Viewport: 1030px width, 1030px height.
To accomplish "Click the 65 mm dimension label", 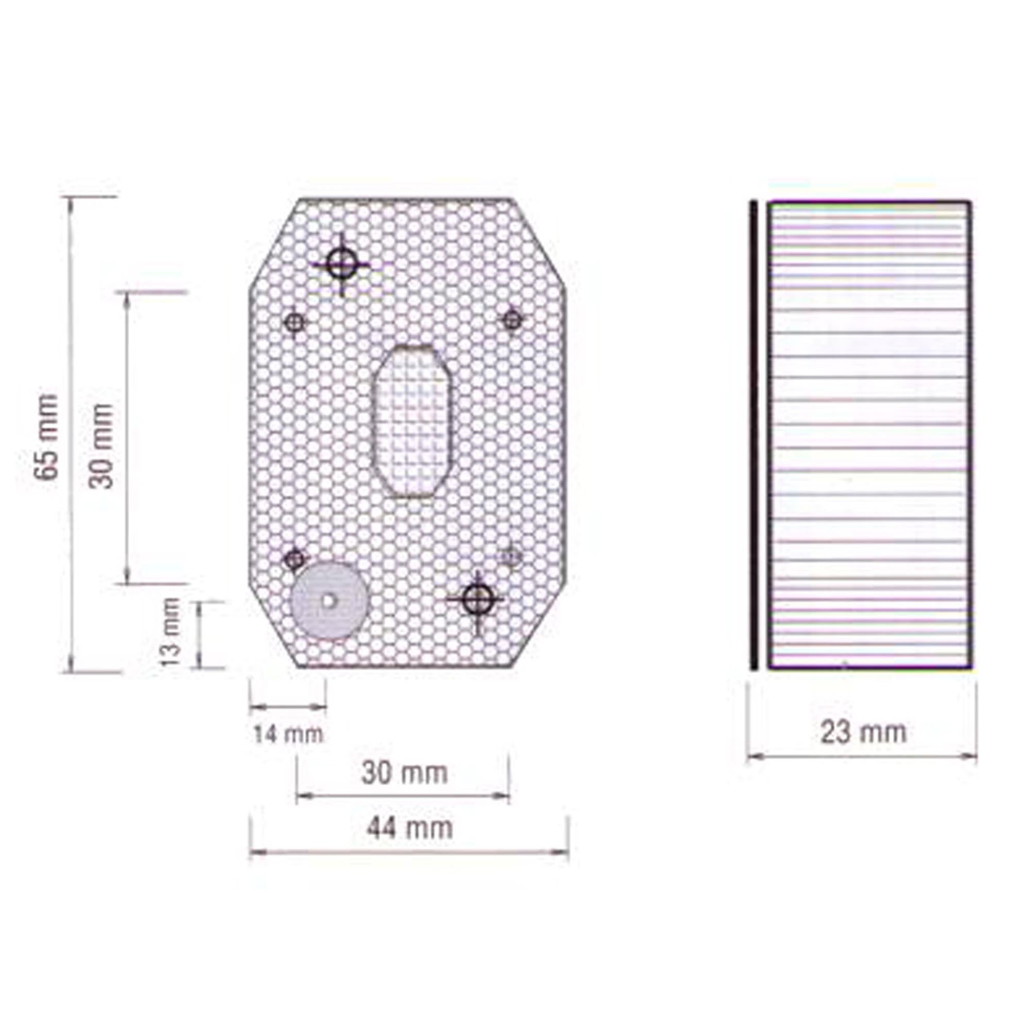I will point(47,437).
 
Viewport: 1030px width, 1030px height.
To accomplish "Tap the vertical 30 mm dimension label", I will point(101,445).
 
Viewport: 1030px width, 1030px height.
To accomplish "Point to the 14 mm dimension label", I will point(288,735).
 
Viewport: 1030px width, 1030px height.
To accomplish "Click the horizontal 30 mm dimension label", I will point(404,774).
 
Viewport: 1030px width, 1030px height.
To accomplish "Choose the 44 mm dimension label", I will point(409,829).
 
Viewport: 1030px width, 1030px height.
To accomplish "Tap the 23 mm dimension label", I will point(863,732).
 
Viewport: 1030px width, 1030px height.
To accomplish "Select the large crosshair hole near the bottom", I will point(475,599).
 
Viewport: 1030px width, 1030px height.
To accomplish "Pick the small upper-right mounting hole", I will point(512,320).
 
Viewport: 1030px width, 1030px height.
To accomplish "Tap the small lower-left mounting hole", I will point(294,559).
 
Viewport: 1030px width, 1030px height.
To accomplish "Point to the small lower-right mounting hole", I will point(512,557).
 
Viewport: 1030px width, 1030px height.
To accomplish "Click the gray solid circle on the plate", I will point(329,600).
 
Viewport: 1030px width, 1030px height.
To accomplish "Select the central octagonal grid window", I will point(413,421).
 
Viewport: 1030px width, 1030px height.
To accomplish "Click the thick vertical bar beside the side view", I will point(753,435).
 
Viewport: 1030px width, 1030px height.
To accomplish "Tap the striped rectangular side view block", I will point(869,435).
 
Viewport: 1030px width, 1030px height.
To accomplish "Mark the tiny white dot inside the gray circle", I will point(329,600).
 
